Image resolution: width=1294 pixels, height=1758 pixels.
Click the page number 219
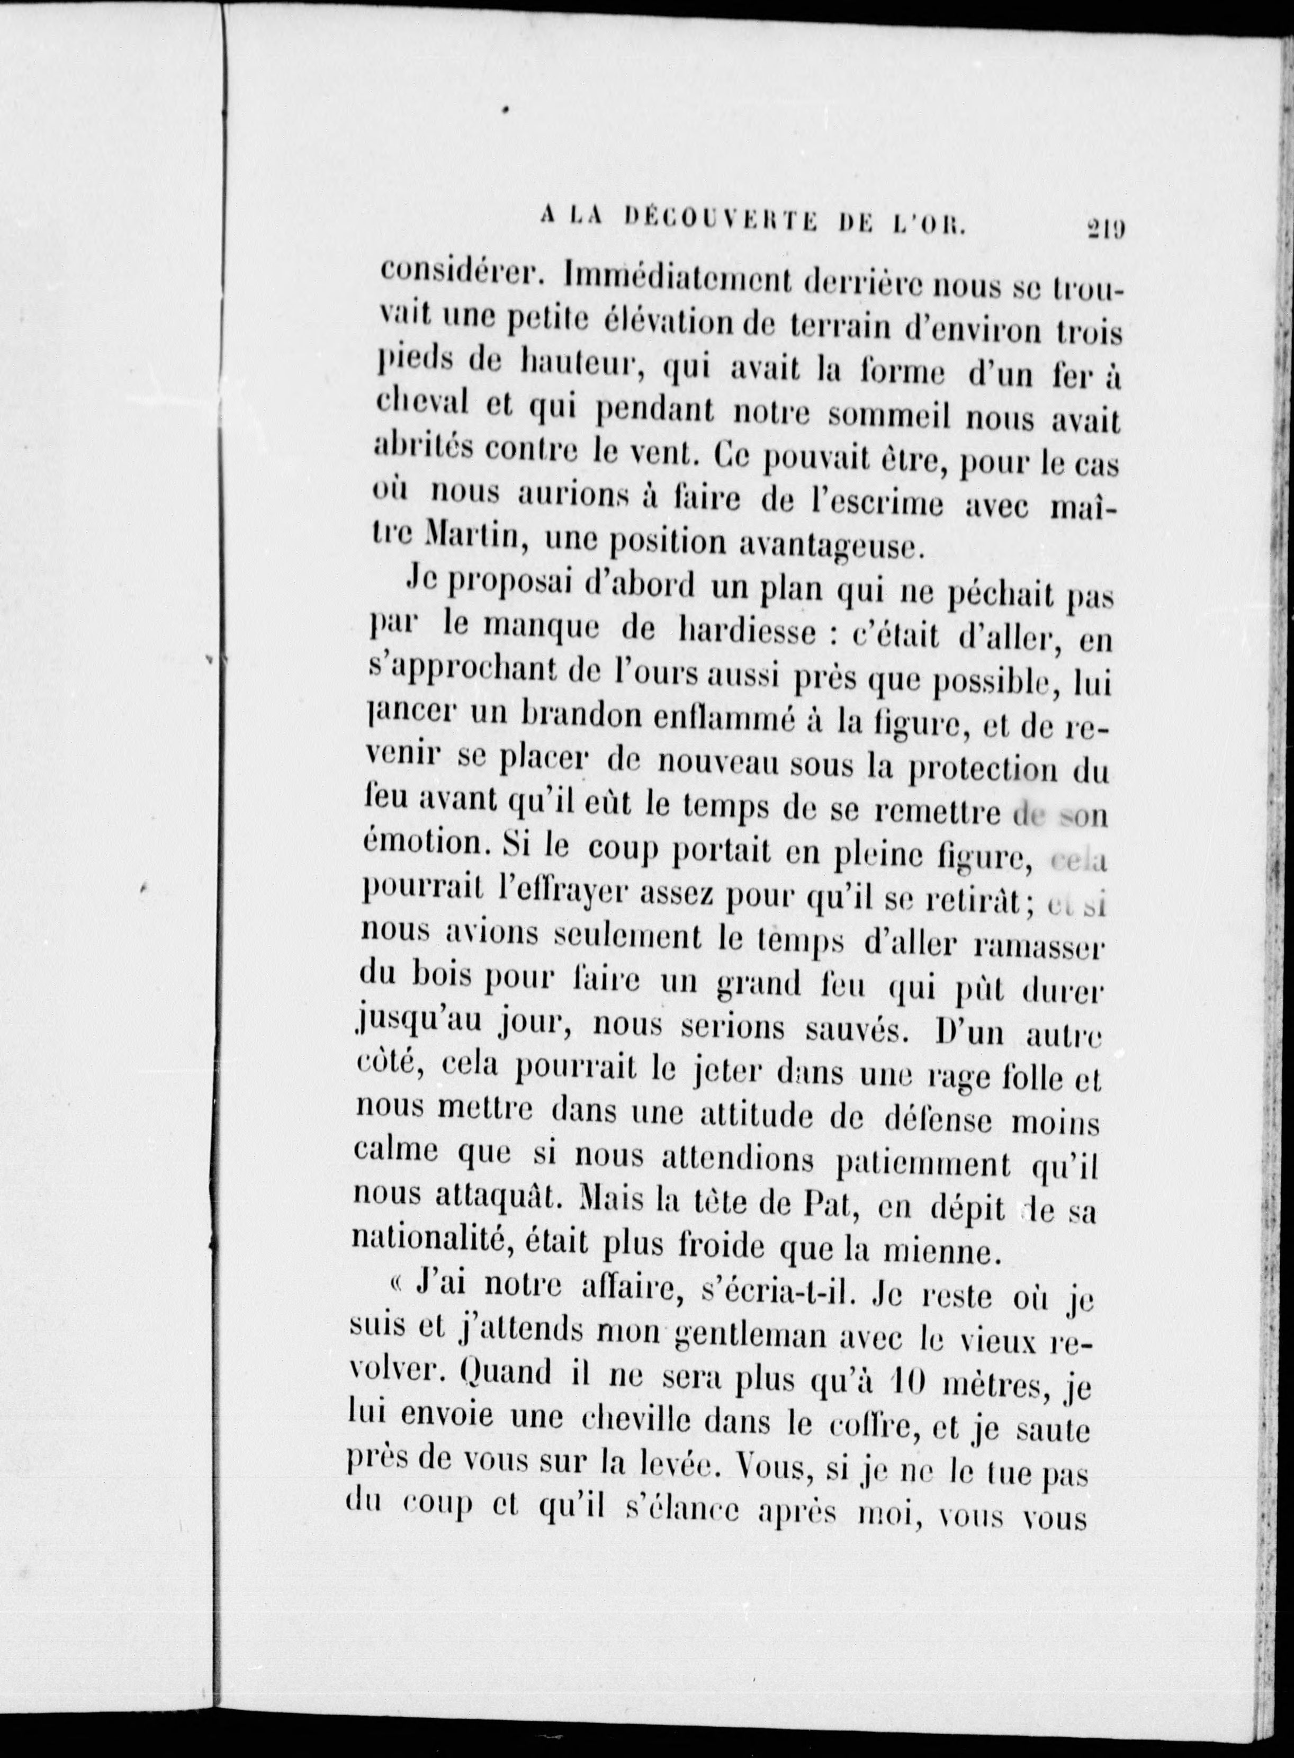point(1104,230)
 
